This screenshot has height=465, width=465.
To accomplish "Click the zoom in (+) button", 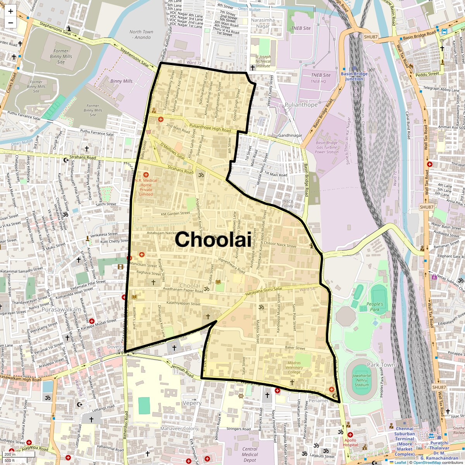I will tap(10, 11).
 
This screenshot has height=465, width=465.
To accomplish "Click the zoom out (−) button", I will tap(10, 22).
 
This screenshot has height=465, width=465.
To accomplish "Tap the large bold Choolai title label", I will tap(213, 239).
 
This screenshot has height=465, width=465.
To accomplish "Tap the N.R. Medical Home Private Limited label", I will tap(146, 187).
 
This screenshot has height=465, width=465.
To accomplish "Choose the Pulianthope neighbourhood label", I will tap(301, 105).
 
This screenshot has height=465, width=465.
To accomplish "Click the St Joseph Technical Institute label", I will tap(263, 61).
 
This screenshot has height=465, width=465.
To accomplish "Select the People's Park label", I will tap(375, 307).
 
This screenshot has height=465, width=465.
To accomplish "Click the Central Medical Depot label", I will tap(250, 454).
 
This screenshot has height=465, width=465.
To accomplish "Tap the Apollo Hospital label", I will tap(350, 443).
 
